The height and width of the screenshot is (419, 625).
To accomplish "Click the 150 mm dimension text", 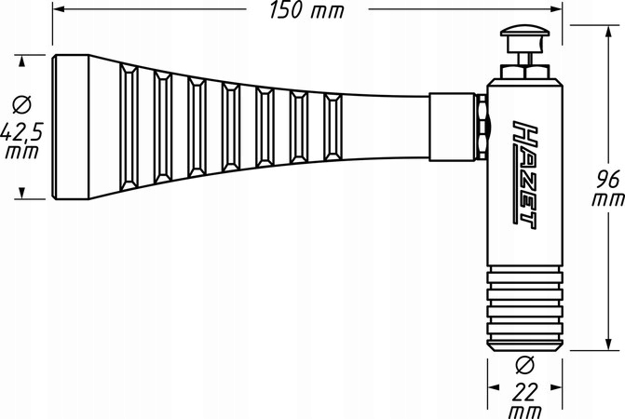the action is click(306, 10).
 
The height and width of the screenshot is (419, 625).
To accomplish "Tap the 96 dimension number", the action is click(607, 179).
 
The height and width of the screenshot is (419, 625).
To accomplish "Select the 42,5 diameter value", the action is click(21, 132).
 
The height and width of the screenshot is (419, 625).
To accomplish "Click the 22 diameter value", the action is click(525, 392).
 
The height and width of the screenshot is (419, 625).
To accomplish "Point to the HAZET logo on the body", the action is click(525, 175).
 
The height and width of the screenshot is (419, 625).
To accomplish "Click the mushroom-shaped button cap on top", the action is click(525, 32).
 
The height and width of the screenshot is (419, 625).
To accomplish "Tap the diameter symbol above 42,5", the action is click(21, 104).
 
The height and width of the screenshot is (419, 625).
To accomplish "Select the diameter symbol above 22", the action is click(524, 365).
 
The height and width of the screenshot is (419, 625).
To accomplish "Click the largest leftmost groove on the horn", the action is click(129, 127).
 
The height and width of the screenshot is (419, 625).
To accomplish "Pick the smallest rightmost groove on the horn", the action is click(333, 127).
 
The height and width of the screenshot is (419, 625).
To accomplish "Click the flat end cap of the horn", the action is click(71, 127).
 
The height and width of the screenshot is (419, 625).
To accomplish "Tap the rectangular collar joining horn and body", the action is click(453, 127).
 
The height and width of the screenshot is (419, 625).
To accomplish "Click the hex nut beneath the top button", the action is click(524, 72).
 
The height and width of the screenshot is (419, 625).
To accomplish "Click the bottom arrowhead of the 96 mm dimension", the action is click(608, 344).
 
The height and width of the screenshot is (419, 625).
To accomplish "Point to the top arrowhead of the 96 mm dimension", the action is click(608, 33).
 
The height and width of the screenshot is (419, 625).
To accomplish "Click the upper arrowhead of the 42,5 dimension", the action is click(22, 61).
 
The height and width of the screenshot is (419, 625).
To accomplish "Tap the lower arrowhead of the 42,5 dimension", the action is click(22, 193).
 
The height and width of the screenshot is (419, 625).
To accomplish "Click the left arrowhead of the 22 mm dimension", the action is click(494, 387).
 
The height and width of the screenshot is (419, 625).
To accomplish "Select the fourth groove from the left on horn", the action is click(231, 127).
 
